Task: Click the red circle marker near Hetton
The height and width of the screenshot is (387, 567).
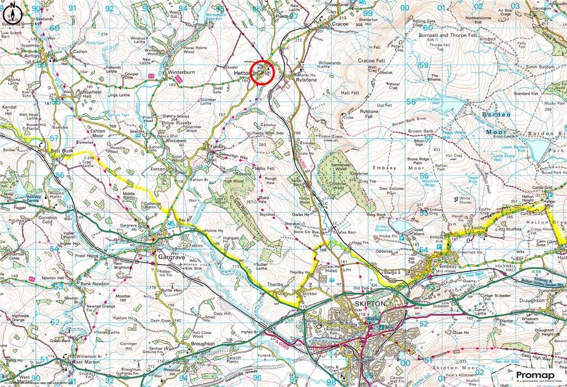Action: (262, 72)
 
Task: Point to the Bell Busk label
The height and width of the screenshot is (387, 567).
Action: (61, 150)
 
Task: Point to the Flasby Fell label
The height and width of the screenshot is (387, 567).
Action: (264, 168)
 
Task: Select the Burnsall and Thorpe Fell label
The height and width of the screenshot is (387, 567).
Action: (444, 35)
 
